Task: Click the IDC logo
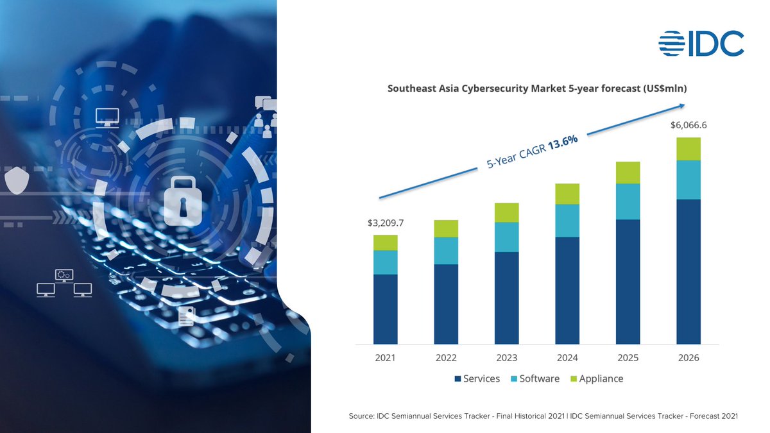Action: click(701, 43)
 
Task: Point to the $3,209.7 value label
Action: click(386, 223)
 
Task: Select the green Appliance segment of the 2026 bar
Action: click(688, 149)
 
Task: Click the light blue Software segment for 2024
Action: click(567, 221)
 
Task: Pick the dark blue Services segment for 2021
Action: click(386, 309)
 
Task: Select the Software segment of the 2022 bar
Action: click(446, 251)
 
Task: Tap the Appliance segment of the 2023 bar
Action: click(506, 212)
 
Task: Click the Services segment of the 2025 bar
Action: click(628, 282)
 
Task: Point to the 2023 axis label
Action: click(506, 358)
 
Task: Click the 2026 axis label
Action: click(688, 358)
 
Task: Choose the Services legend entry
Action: click(477, 378)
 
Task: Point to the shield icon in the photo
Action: click(15, 180)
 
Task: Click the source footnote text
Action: click(543, 416)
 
